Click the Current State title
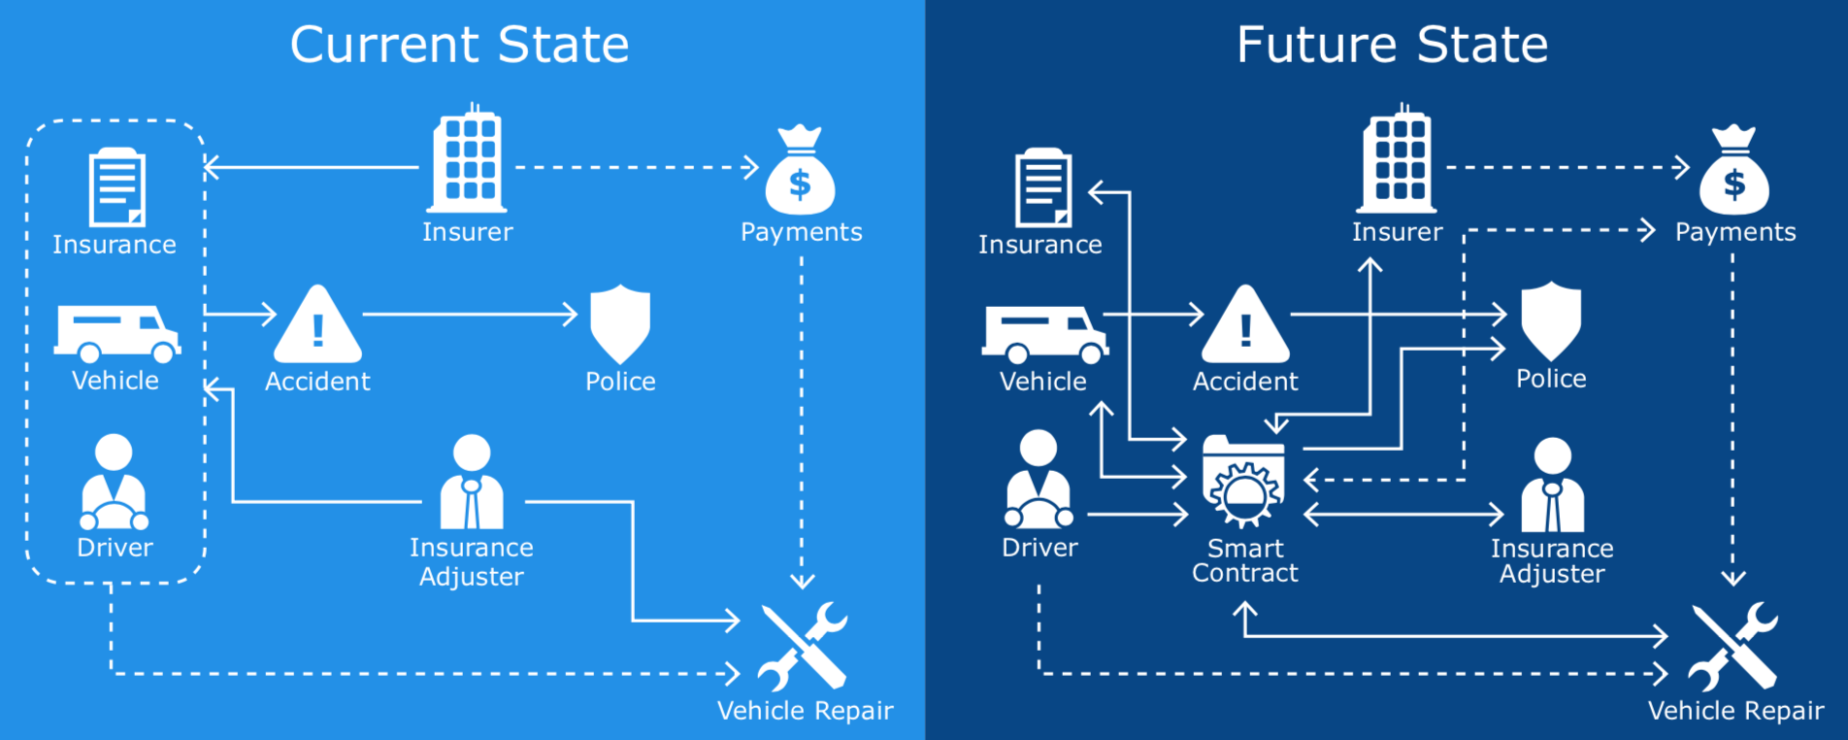(459, 45)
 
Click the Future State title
(1392, 45)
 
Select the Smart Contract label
(1245, 561)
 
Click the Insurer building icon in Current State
(468, 162)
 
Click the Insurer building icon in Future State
(1398, 162)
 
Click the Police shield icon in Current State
(620, 322)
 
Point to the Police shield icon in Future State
(1551, 320)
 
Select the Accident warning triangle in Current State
(317, 326)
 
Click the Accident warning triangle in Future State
(1245, 326)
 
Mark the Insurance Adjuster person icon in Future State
(1552, 485)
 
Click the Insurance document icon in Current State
(116, 186)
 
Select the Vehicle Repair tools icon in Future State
(1733, 646)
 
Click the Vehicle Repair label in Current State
(805, 711)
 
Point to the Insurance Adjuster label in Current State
(472, 562)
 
